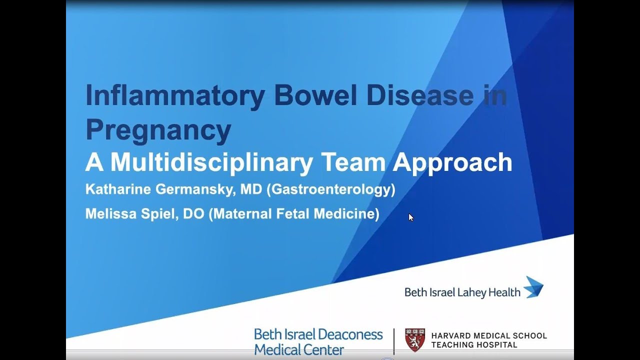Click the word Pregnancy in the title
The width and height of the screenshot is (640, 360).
158,129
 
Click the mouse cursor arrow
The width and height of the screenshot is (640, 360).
411,217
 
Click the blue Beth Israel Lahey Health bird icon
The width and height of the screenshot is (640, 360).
533,287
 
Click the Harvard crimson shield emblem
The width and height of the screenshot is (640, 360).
415,340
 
